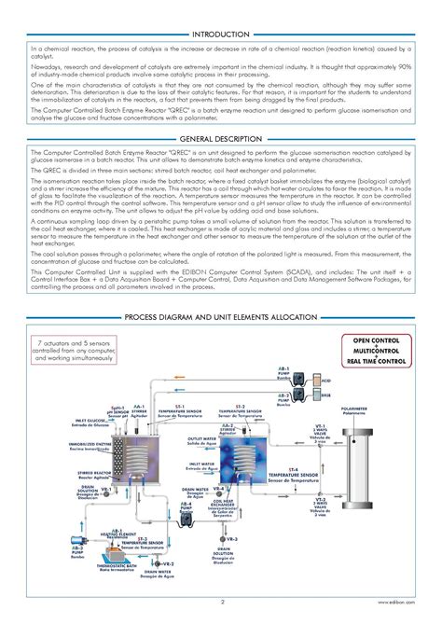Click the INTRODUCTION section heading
click(221, 35)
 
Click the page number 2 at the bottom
click(221, 614)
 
